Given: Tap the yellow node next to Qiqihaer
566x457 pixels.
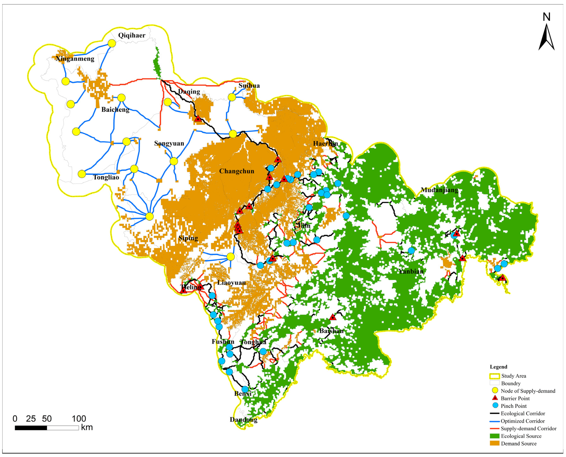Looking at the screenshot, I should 112,43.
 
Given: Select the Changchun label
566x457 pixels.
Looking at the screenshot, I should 237,171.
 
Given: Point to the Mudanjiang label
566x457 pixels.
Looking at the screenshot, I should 439,190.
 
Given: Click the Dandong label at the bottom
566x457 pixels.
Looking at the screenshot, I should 243,420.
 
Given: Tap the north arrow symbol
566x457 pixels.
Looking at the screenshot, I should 547,37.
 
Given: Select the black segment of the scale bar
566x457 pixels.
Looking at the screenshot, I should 31,428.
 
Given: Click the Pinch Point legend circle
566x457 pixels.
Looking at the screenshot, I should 495,406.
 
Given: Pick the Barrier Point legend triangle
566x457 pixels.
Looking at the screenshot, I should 495,398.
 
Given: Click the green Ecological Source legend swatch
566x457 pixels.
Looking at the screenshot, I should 494,436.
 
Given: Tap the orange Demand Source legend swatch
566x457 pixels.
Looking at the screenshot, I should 494,444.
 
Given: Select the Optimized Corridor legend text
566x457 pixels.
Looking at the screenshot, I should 523,421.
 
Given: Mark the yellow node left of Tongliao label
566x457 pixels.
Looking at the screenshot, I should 82,174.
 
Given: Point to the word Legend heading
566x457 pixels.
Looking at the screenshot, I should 498,367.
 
